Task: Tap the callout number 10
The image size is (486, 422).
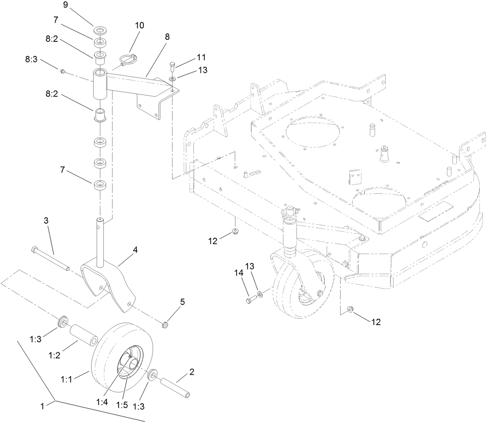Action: click(139, 25)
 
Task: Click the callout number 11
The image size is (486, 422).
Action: click(201, 57)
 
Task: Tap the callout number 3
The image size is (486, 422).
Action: click(46, 221)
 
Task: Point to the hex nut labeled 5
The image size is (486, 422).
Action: click(166, 325)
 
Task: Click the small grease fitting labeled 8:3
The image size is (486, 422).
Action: click(62, 71)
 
